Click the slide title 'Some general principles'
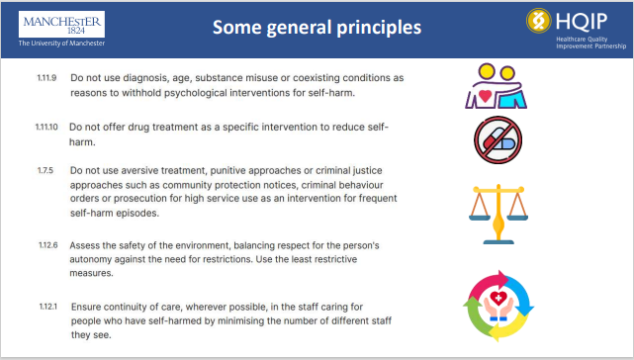316,27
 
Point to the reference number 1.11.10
48,128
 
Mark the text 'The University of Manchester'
59,44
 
